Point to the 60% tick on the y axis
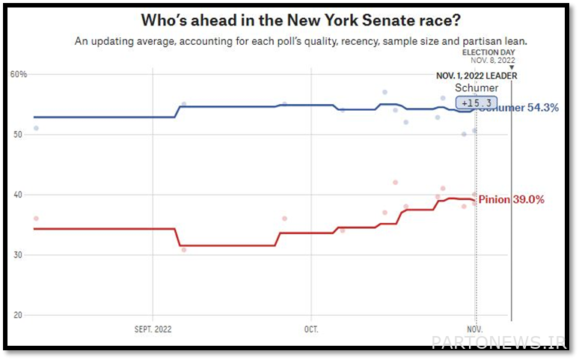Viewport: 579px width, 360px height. tap(19, 74)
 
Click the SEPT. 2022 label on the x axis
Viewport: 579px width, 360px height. tap(153, 329)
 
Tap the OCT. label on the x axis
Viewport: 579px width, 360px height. tap(311, 329)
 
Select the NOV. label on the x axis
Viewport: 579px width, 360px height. tap(474, 329)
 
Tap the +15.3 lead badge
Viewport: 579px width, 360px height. tap(477, 103)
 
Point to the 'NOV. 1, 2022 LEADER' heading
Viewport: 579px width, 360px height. tap(477, 76)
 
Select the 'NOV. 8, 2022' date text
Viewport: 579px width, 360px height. tap(493, 61)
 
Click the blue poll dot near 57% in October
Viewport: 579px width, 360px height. tap(385, 92)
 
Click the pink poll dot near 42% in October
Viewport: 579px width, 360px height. tap(395, 183)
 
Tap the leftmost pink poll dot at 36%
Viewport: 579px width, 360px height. tap(36, 219)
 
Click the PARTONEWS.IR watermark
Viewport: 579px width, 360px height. tap(499, 342)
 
